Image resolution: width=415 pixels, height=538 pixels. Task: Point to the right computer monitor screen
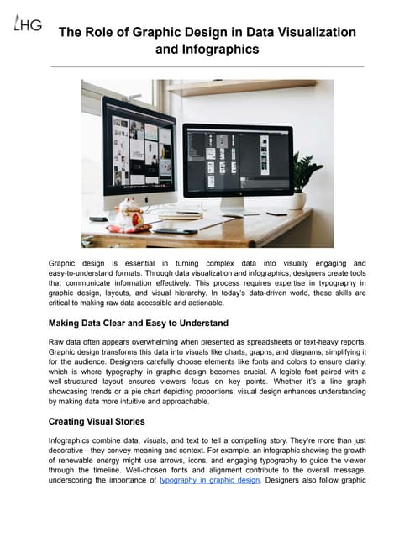(x=238, y=161)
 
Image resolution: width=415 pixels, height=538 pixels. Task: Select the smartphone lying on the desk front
(x=175, y=230)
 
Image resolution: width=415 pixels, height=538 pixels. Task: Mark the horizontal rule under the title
(x=207, y=66)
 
